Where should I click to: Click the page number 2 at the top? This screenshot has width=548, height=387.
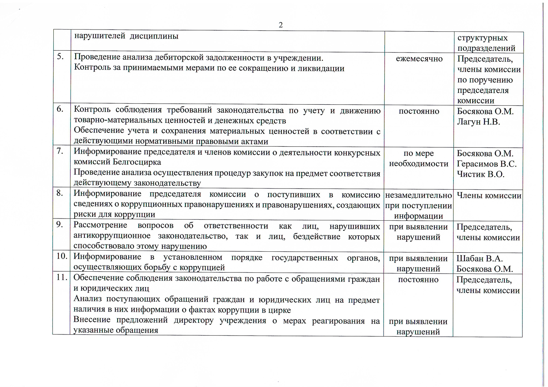click(281, 25)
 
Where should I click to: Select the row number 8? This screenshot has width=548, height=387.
click(60, 193)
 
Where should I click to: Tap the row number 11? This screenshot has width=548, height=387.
click(62, 277)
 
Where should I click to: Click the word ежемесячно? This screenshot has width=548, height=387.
click(419, 59)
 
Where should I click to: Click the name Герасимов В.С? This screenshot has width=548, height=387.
click(487, 164)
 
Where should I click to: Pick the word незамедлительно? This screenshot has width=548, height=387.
click(418, 195)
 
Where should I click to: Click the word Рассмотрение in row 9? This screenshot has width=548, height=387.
click(100, 225)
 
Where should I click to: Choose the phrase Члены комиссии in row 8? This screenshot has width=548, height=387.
click(489, 196)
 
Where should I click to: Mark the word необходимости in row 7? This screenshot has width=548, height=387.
click(419, 164)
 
